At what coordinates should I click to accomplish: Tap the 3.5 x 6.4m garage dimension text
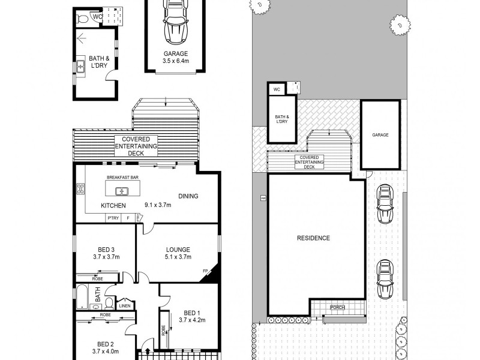coord(175,61)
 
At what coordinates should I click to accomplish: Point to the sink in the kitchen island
coord(121,191)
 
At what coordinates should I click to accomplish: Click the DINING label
coord(188,196)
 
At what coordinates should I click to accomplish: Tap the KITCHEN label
coord(113,206)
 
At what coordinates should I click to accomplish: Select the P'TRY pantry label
coord(113,218)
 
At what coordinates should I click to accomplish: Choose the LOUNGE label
coord(178,250)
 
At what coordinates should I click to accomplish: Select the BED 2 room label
coord(106,344)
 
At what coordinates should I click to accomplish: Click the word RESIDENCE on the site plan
coord(313,238)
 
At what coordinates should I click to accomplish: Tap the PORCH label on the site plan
coord(338,308)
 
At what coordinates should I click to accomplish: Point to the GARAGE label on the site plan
coord(380,135)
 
